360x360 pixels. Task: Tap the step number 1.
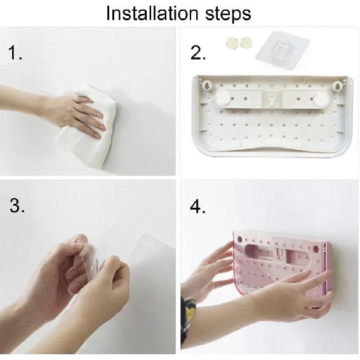16,53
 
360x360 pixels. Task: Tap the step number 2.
198,53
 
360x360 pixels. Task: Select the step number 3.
17,206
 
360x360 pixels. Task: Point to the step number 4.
199,207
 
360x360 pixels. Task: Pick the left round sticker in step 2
231,43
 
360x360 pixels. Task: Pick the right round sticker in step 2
243,43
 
